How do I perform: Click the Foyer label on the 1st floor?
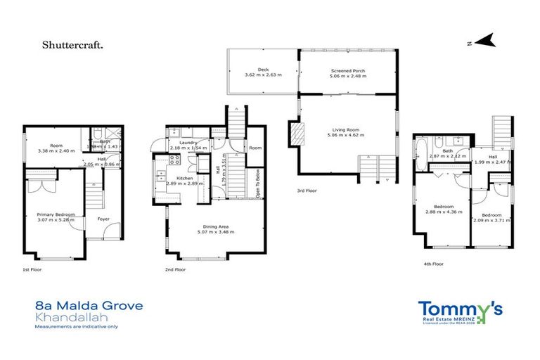point(103,218)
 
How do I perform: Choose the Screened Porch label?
point(348,71)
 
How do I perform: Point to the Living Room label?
point(347,129)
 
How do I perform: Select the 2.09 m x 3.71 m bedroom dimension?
point(491,220)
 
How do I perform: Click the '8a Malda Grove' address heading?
point(89,306)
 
